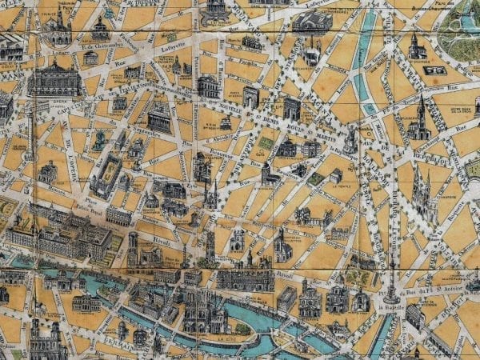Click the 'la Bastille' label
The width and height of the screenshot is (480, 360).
coord(397,306)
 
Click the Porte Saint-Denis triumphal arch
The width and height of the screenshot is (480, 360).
coord(251,98)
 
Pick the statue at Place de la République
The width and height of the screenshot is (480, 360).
coord(350,141)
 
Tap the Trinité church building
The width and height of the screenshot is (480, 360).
coord(58,30)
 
